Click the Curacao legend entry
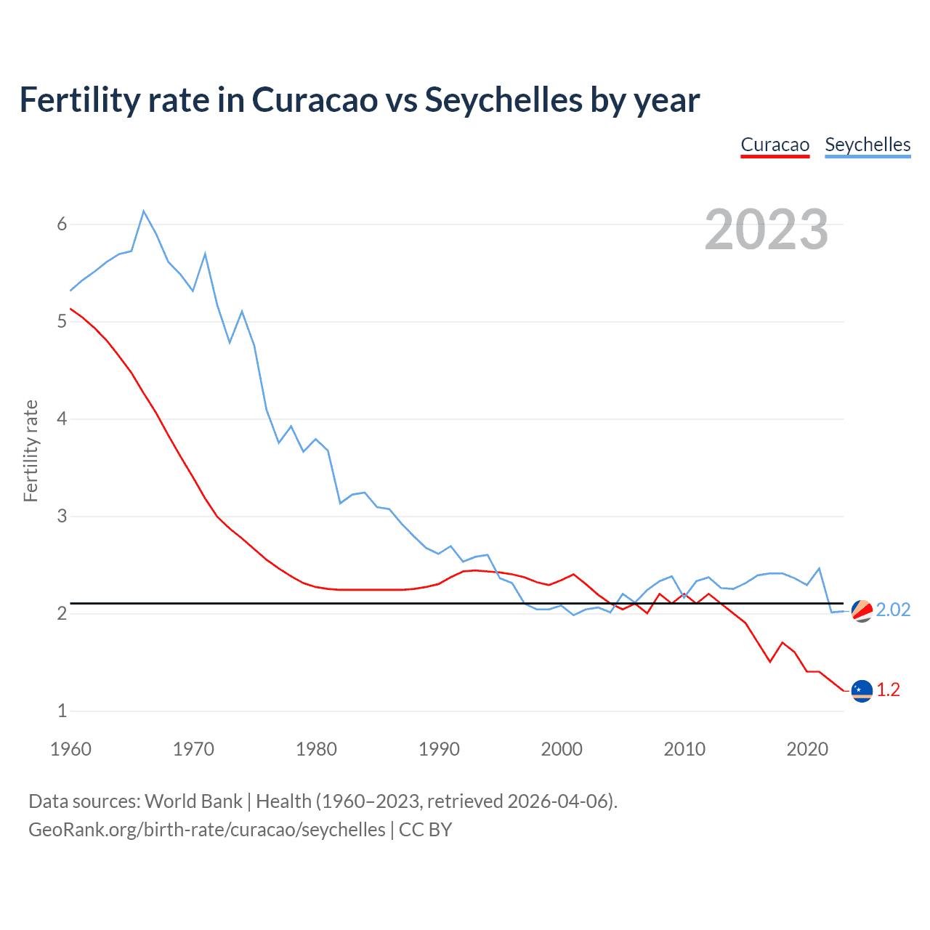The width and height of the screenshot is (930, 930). [x=775, y=145]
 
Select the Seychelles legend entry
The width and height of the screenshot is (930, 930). [x=868, y=145]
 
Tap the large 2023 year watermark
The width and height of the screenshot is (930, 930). [x=767, y=230]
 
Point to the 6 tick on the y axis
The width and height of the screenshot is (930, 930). [x=62, y=225]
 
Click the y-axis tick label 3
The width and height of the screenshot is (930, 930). [x=62, y=517]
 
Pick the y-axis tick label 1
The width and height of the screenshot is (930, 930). [x=62, y=711]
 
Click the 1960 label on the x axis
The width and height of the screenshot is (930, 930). [x=70, y=749]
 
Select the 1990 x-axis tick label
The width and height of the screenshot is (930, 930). [x=439, y=749]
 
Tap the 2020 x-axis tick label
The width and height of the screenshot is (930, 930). [x=807, y=749]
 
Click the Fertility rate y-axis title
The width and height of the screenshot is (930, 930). [x=31, y=450]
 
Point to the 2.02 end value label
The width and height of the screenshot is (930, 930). [x=893, y=610]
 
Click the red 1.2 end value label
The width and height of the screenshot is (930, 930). [x=888, y=690]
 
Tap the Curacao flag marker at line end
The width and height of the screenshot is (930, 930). [x=862, y=691]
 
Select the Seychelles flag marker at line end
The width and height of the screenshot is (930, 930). [x=862, y=611]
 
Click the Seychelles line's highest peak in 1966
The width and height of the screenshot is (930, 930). [x=144, y=211]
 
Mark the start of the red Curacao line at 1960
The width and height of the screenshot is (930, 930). [x=70, y=309]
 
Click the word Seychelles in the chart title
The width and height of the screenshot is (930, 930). [x=504, y=100]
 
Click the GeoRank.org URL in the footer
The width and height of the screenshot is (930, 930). [x=207, y=830]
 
